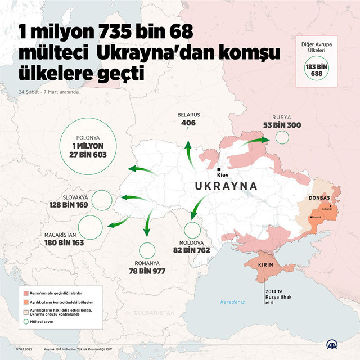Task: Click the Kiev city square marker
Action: click(219, 169)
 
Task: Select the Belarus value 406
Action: click(188, 123)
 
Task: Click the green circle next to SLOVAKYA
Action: click(102, 200)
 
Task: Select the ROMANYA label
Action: click(147, 263)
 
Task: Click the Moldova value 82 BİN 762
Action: click(191, 249)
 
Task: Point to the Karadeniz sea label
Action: click(232, 302)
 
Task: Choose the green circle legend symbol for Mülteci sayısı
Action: click(25, 322)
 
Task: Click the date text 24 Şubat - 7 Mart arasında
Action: click(48, 91)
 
